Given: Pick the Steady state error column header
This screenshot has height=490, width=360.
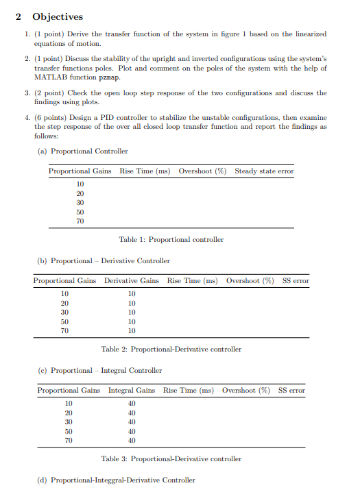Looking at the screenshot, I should click(x=264, y=171).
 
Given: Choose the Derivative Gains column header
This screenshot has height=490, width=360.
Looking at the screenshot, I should click(x=131, y=280).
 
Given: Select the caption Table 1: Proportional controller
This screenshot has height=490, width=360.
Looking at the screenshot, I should click(x=171, y=239).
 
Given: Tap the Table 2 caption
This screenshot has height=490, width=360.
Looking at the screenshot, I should click(x=171, y=349).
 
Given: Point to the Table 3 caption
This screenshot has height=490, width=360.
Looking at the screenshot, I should click(x=171, y=458).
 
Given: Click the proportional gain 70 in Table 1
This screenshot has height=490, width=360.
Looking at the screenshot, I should click(x=80, y=221).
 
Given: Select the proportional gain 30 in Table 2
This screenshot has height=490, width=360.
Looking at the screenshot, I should click(x=65, y=312).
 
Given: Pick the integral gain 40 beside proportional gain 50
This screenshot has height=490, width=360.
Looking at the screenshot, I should click(x=132, y=431).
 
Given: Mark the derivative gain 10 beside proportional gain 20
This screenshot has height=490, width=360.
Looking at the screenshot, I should click(x=132, y=303).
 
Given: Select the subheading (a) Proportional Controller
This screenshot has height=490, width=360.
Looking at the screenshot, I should click(x=83, y=151).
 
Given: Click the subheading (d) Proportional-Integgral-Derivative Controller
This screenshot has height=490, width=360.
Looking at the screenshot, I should click(x=117, y=480).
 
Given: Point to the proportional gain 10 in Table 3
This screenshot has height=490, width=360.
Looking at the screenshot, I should click(x=69, y=404).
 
